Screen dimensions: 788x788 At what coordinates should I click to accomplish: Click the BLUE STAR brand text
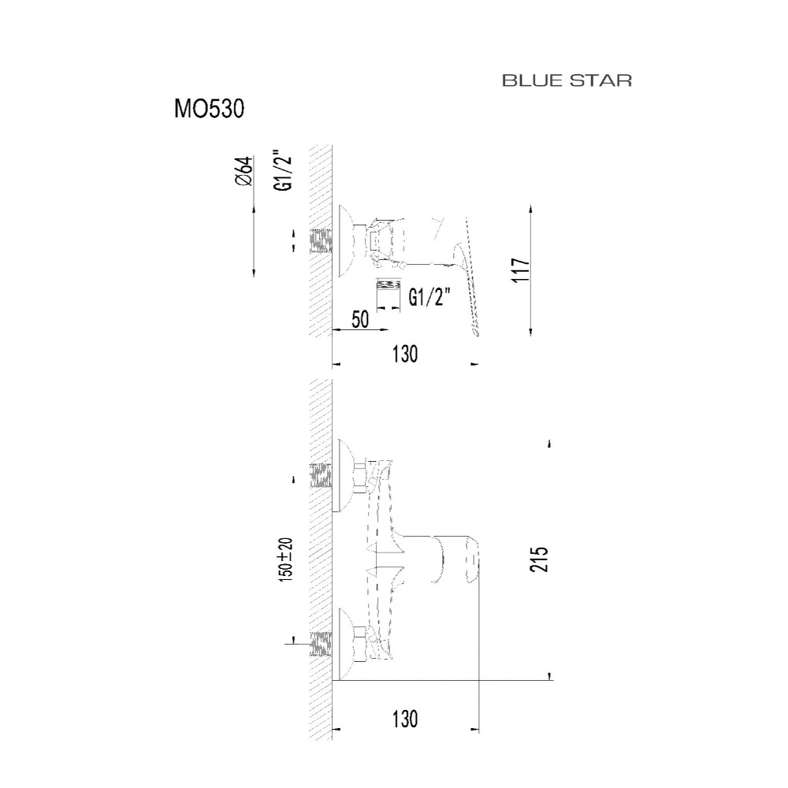(x=567, y=81)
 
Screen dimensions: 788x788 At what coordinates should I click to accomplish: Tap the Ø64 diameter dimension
(x=243, y=170)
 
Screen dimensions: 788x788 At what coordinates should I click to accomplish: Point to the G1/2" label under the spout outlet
(x=429, y=298)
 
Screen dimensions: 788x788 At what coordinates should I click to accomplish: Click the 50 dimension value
(x=361, y=320)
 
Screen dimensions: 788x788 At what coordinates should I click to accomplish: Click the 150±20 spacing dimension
(x=285, y=559)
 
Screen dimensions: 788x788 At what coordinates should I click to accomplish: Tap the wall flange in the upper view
(x=345, y=240)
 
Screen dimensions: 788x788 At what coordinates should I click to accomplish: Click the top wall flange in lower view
(x=345, y=475)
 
